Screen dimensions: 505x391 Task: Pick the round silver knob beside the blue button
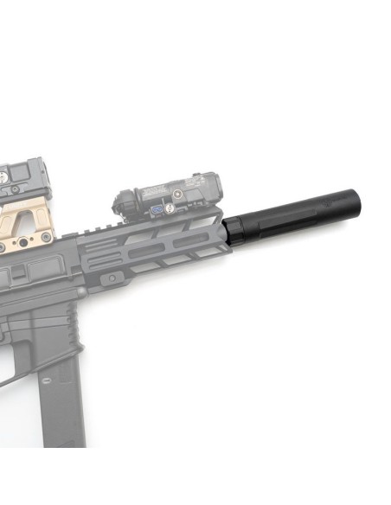[170, 208]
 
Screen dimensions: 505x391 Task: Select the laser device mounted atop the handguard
[170, 195]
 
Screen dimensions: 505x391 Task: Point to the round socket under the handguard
[110, 277]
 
